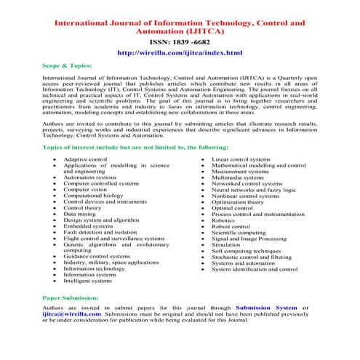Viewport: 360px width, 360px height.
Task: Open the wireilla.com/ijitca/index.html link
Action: pyautogui.click(x=179, y=53)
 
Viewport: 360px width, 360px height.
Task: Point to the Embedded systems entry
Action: pyautogui.click(x=88, y=226)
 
